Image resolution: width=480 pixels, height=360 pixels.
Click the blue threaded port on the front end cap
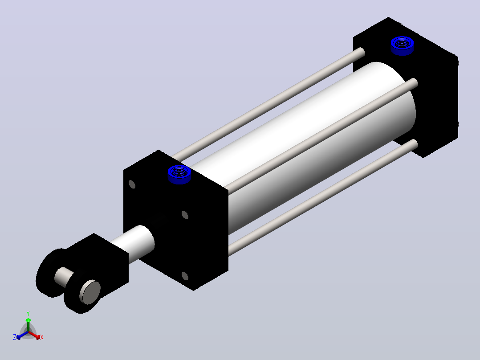tap(179, 174)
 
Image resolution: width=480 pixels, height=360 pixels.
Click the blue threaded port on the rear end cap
tap(402, 45)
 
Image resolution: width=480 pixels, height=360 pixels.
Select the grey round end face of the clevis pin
tap(90, 292)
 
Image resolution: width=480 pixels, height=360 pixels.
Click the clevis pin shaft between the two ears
tap(64, 277)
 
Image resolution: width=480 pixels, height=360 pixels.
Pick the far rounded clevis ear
tap(50, 273)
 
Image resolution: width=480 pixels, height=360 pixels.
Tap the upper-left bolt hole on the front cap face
tap(132, 184)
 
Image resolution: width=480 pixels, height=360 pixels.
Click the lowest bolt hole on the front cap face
tap(185, 276)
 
